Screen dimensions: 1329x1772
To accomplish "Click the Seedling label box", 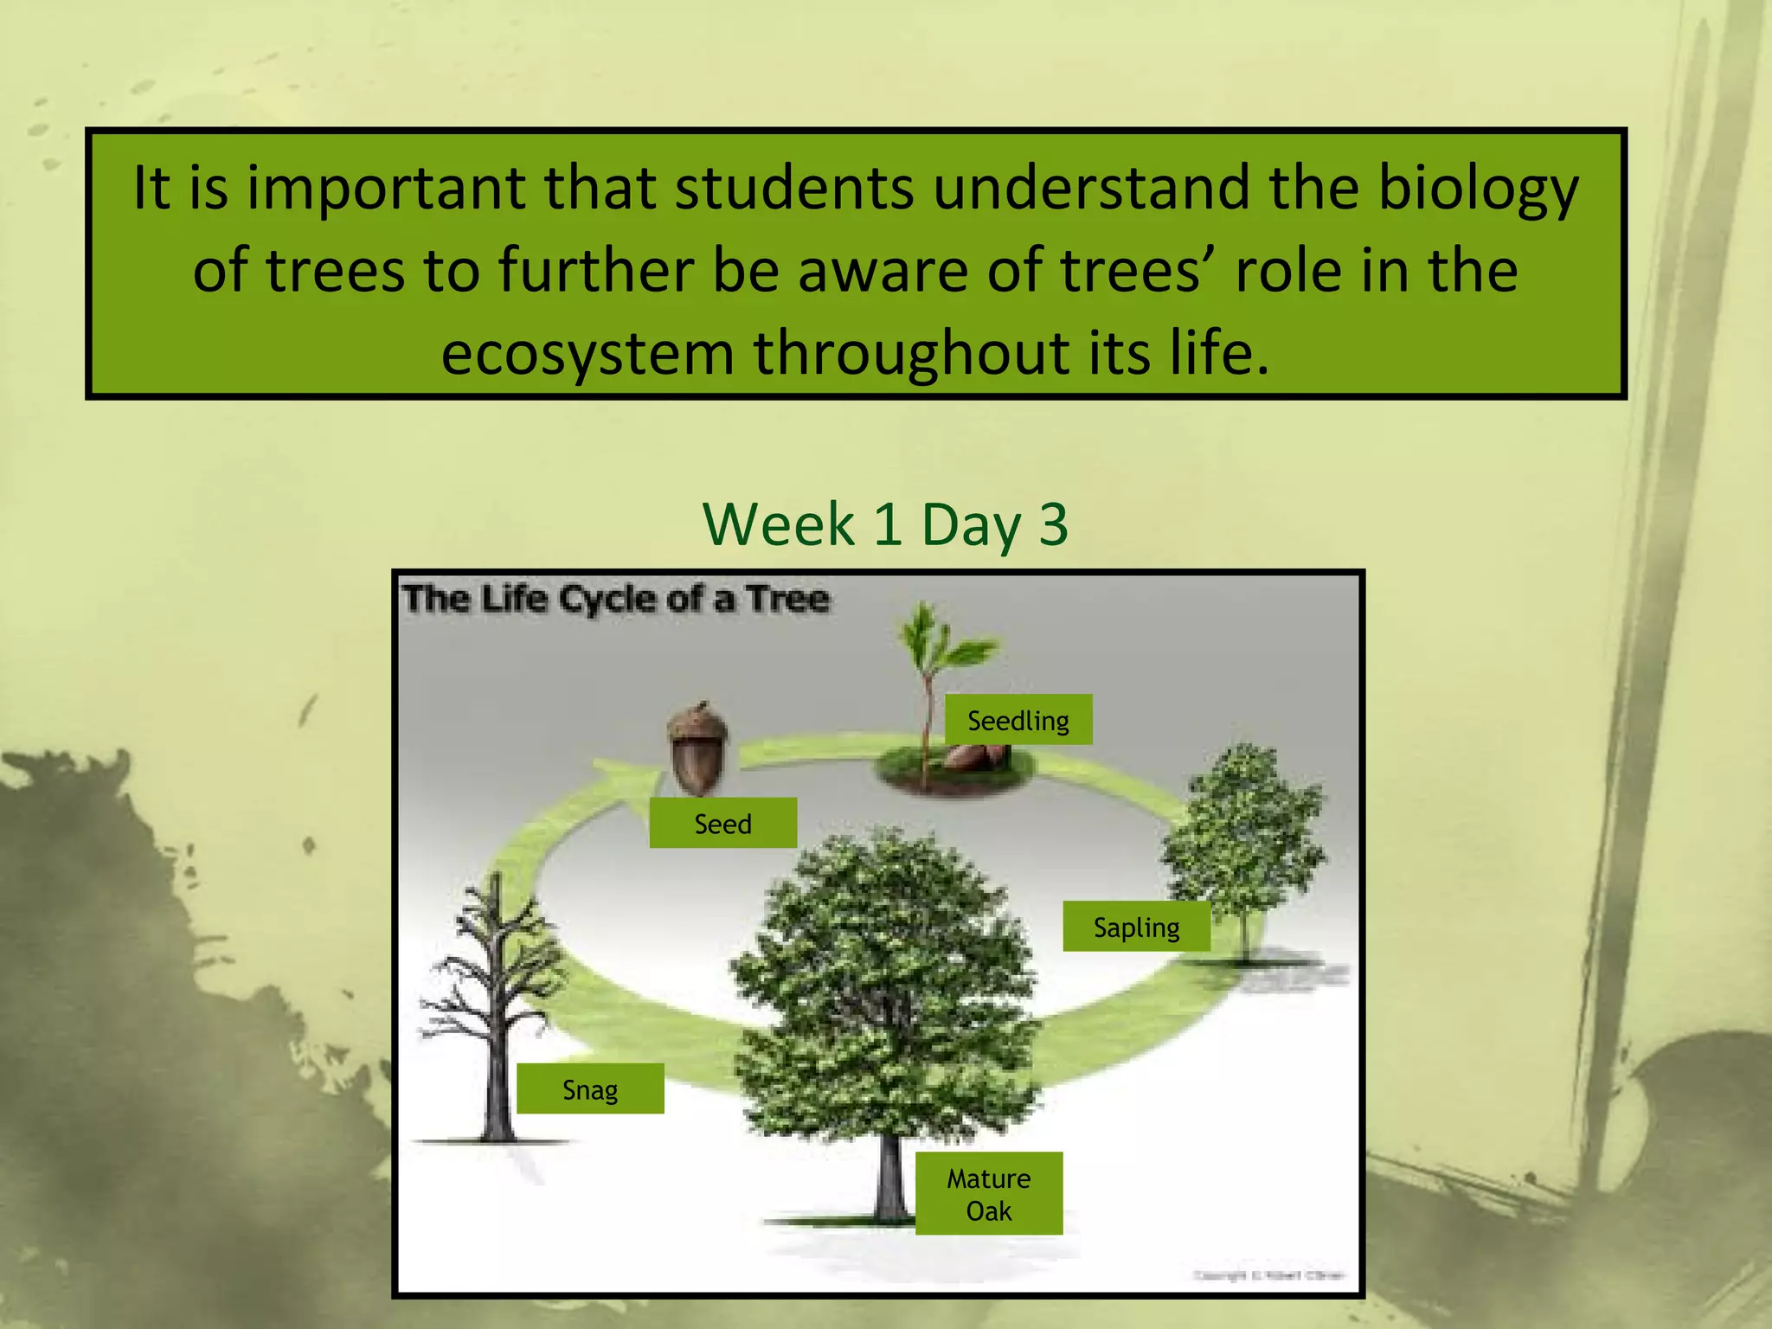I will pos(1018,720).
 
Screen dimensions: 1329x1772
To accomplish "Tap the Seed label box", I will pos(722,823).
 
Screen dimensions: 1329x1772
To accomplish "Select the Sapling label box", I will pos(1135,927).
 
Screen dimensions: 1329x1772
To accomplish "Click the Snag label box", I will pos(590,1088).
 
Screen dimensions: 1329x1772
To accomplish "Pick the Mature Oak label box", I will pos(988,1193).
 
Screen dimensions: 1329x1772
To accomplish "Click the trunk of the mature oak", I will pos(889,1177).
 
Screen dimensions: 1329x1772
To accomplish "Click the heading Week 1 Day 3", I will pos(885,524).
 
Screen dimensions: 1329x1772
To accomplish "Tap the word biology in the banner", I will pos(1478,189).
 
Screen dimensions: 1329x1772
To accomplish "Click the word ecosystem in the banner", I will pos(587,353).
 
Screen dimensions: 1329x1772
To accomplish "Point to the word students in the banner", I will pos(793,189).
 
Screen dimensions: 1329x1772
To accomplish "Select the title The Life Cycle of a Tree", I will pos(616,599).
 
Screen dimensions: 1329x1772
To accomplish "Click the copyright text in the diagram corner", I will pos(1268,1275).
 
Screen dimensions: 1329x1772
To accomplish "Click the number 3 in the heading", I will pos(1053,524).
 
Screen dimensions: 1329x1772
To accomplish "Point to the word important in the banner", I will pos(386,189).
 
